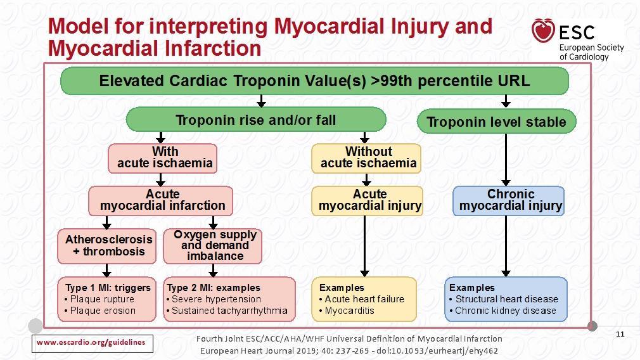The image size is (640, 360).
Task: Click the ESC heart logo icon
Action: pos(543,30)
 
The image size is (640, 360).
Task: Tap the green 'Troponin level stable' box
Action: pos(496,122)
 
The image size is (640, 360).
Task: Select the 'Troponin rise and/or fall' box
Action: pos(256,120)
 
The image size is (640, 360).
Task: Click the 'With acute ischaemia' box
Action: pos(162,158)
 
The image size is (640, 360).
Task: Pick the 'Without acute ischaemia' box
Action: pos(366,158)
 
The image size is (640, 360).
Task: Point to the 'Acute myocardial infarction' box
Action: pos(161,201)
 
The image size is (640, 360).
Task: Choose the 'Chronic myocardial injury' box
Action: pos(509,201)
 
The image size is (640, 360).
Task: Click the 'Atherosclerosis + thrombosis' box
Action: pos(107,246)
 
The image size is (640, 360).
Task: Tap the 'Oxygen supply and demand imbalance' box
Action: pos(213,246)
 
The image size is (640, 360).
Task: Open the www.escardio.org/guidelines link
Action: pos(91,342)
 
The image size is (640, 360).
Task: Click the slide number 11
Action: pos(620,334)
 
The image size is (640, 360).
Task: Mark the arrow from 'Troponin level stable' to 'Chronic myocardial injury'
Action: pos(506,160)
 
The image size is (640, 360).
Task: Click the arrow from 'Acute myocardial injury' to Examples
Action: pos(365,246)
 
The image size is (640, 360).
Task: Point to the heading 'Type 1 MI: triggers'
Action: pos(108,288)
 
